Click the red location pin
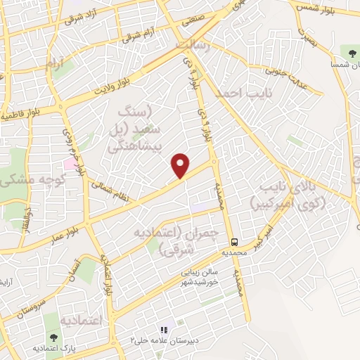click(x=181, y=165)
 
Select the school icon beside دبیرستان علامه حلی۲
click(x=164, y=329)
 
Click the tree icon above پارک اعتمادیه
click(x=55, y=337)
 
